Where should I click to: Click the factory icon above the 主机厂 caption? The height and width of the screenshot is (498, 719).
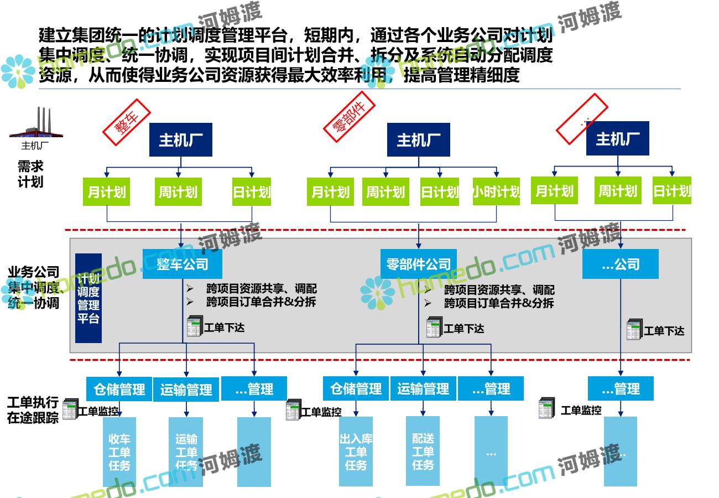click(x=37, y=123)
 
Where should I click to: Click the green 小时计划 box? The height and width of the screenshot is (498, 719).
click(x=496, y=191)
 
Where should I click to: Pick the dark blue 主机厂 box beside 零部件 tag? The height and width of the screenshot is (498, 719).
click(x=418, y=140)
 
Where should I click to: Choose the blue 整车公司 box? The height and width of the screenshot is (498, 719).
click(x=182, y=264)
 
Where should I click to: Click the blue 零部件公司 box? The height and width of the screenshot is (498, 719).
click(x=419, y=264)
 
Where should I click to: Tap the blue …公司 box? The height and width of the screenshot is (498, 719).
click(x=620, y=264)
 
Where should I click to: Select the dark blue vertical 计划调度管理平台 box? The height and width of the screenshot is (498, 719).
click(x=88, y=298)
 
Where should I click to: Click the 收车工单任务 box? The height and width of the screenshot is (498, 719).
click(x=119, y=452)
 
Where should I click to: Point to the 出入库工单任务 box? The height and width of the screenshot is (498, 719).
click(x=356, y=452)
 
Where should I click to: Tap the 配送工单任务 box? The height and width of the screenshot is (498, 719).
click(x=423, y=452)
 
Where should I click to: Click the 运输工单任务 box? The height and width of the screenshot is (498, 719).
click(x=186, y=452)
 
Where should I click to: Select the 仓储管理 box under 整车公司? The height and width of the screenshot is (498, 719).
click(x=119, y=389)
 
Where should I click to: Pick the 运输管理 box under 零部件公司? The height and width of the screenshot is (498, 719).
click(x=423, y=389)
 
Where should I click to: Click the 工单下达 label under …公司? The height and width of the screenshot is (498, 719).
click(x=664, y=331)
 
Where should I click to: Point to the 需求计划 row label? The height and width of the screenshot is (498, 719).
click(x=30, y=174)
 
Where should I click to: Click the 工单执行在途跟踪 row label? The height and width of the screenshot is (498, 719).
click(x=33, y=409)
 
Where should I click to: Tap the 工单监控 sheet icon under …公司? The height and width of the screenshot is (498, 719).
click(x=547, y=408)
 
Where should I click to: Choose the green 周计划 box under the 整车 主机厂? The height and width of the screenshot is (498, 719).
click(x=178, y=192)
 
